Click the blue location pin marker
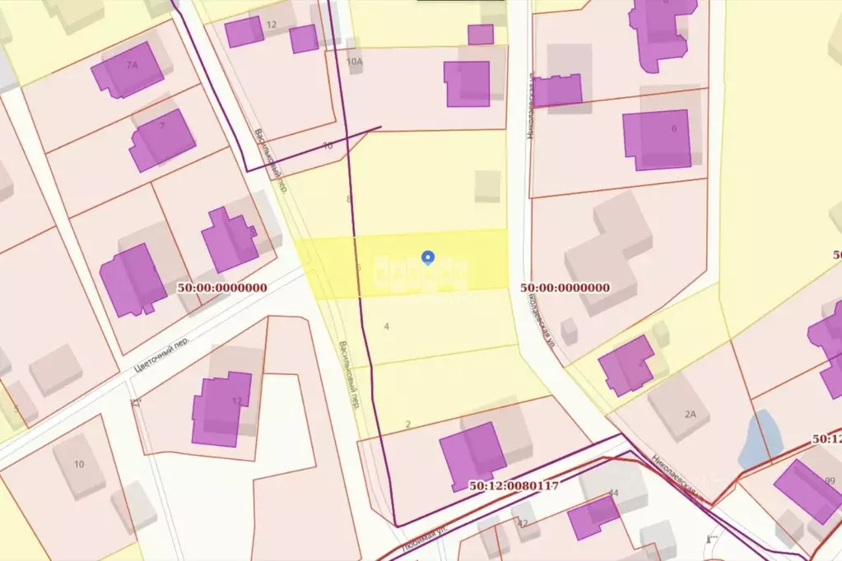pyautogui.click(x=427, y=257)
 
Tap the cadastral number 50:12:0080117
pyautogui.click(x=505, y=485)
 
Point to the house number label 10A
pyautogui.click(x=355, y=62)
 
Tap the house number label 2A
pyautogui.click(x=690, y=415)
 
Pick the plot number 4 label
pyautogui.click(x=386, y=326)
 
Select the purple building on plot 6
pyautogui.click(x=656, y=139)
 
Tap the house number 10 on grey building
pyautogui.click(x=79, y=464)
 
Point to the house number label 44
pyautogui.click(x=612, y=493)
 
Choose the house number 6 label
pyautogui.click(x=674, y=128)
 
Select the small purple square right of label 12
pyautogui.click(x=303, y=39)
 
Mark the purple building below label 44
pyautogui.click(x=593, y=517)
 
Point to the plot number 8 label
pyautogui.click(x=349, y=200)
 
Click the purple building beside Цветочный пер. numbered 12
pyautogui.click(x=220, y=407)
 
